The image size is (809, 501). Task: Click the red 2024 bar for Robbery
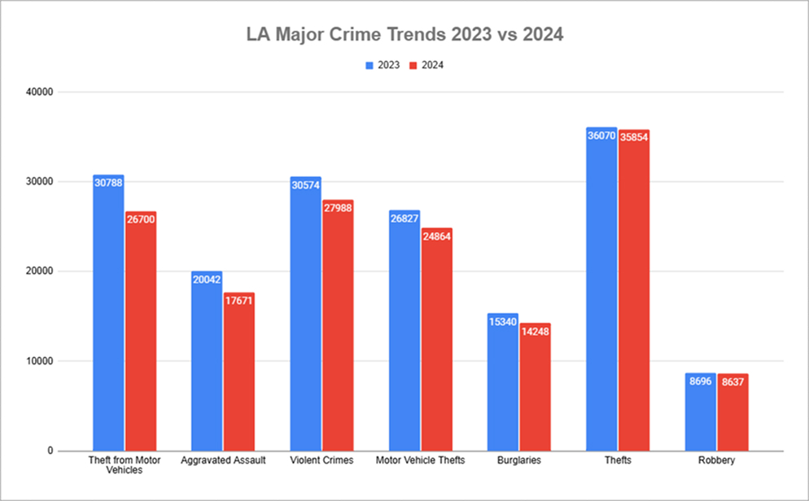point(732,415)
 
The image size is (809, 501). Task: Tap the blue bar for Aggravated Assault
point(207,366)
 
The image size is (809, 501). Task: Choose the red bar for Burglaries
point(536,390)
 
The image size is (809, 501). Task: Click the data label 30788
point(108,184)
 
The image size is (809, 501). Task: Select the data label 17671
point(239,301)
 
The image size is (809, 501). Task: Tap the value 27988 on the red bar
point(338,208)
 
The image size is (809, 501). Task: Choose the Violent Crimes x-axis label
point(321,460)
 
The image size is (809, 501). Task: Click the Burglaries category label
point(519,460)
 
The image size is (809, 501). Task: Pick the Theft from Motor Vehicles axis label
point(125,465)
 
